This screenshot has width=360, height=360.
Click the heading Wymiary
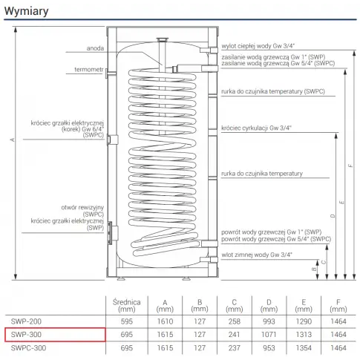click(x=26, y=11)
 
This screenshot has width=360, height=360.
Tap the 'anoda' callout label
click(x=95, y=48)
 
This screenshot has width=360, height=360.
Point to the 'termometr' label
click(x=89, y=70)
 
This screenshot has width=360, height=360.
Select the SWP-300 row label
click(x=26, y=335)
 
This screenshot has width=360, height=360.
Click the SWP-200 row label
click(x=26, y=321)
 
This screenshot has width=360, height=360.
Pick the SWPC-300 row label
click(x=28, y=348)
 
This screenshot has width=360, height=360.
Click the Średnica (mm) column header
click(x=127, y=306)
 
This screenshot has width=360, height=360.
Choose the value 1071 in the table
click(x=269, y=335)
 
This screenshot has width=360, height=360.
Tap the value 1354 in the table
click(x=304, y=348)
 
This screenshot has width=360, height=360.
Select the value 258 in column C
click(x=235, y=321)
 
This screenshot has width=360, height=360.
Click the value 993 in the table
click(x=269, y=321)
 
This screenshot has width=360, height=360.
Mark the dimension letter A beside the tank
click(x=12, y=140)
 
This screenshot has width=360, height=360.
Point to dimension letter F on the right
click(x=350, y=166)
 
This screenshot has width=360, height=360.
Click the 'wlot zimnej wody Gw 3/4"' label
click(x=257, y=255)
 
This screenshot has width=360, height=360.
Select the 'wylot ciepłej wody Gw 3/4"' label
click(x=258, y=46)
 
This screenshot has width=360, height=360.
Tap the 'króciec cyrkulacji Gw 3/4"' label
click(x=256, y=128)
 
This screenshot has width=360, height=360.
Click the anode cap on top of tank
click(x=163, y=39)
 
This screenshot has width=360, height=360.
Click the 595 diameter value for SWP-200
click(x=127, y=321)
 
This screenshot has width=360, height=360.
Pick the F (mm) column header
click(x=338, y=306)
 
